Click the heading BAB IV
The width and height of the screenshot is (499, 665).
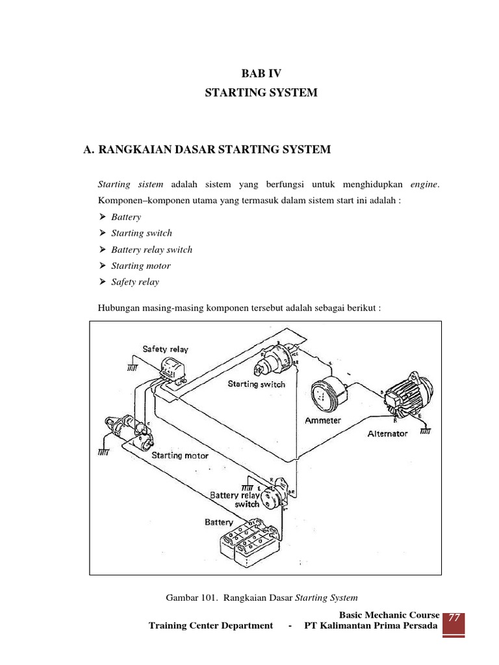point(261,74)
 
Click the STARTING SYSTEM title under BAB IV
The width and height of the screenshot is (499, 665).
point(261,93)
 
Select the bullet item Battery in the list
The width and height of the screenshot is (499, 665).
point(126,217)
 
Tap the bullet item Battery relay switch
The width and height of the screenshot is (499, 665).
point(151,249)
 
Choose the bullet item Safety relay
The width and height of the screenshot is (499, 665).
point(135,282)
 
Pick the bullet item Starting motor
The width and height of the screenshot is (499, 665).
point(141,266)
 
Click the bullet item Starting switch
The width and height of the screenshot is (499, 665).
point(142,233)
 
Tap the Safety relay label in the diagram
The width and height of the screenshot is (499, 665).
point(166,349)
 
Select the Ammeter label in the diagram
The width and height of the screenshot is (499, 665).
point(324,421)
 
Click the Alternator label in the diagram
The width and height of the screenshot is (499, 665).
point(388,433)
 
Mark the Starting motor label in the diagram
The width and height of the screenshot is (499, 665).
point(180,455)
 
